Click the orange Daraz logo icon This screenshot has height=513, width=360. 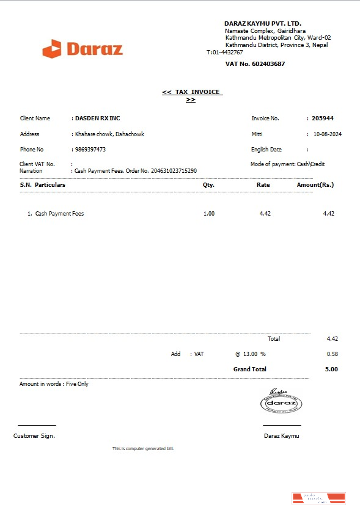[52, 49]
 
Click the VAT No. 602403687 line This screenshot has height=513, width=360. [255, 64]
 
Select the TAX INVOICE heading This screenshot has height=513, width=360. [191, 92]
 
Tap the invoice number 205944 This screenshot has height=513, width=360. [323, 118]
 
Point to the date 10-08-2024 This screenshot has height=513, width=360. [327, 134]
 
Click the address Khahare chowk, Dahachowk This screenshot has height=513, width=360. [109, 134]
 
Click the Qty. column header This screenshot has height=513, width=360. [208, 184]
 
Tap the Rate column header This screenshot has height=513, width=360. [263, 184]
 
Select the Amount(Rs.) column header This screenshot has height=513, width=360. [315, 184]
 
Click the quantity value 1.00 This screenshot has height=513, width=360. [209, 214]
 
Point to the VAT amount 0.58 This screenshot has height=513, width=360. [332, 354]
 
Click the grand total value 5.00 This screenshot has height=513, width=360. [331, 369]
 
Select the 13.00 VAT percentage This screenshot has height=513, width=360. [250, 354]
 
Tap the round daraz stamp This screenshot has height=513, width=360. [281, 403]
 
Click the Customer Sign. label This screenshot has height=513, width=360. [34, 436]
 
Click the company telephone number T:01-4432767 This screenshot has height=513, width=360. [225, 53]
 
